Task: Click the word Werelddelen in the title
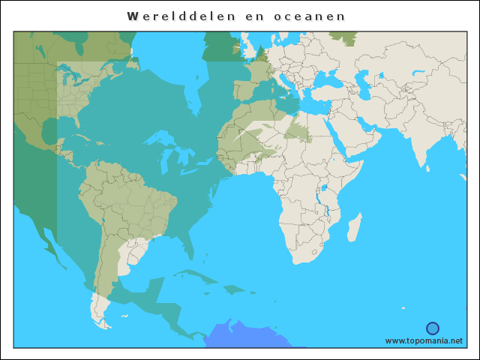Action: coord(175,16)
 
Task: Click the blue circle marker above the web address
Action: coord(433,328)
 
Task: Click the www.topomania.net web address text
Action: coord(424,340)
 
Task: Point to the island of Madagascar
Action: coord(354,228)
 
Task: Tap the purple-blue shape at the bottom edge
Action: coord(251,336)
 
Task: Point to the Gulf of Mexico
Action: coord(56,131)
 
